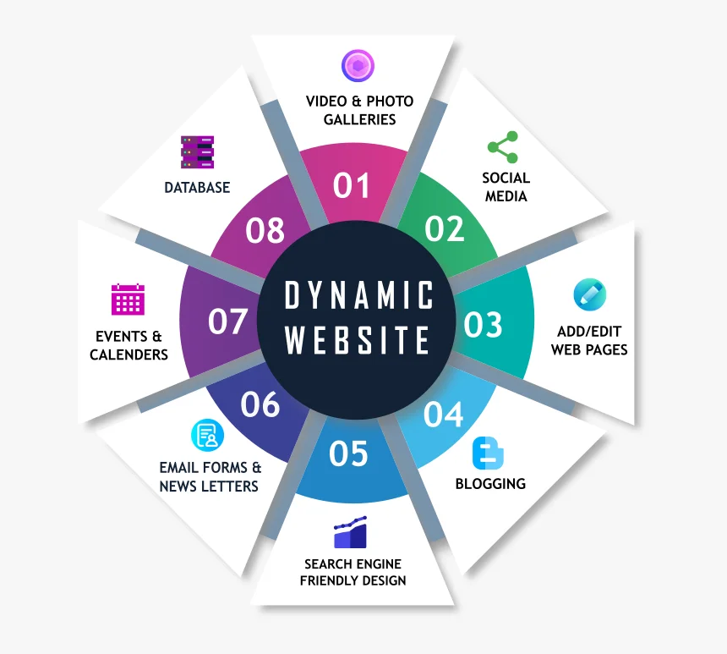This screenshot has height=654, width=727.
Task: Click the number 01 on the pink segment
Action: pyautogui.click(x=351, y=185)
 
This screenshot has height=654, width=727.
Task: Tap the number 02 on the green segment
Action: pyautogui.click(x=444, y=228)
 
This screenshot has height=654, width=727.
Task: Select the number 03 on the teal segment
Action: pyautogui.click(x=483, y=324)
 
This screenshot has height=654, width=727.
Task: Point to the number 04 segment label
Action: pyautogui.click(x=443, y=414)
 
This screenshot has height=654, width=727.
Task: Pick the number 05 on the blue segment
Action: pyautogui.click(x=348, y=453)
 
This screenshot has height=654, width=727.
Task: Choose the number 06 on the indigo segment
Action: pyautogui.click(x=260, y=404)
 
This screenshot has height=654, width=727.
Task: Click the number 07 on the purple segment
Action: pyautogui.click(x=227, y=322)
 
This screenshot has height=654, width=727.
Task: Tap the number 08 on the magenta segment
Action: pyautogui.click(x=265, y=230)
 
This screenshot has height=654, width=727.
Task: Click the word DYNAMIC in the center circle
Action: pyautogui.click(x=358, y=294)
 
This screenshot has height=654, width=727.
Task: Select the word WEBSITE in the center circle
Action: pyautogui.click(x=357, y=340)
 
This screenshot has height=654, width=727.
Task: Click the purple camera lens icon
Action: pyautogui.click(x=358, y=66)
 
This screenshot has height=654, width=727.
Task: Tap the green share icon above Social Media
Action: pyautogui.click(x=503, y=147)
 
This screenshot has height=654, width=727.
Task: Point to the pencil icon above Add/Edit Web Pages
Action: pyautogui.click(x=590, y=294)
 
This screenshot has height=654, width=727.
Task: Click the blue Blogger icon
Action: pyautogui.click(x=488, y=453)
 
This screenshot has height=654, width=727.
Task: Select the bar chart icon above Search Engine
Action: pyautogui.click(x=351, y=532)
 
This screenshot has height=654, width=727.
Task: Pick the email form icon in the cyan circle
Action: pyautogui.click(x=208, y=436)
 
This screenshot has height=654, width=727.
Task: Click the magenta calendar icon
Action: pyautogui.click(x=128, y=300)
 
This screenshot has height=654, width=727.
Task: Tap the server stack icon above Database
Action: pyautogui.click(x=198, y=151)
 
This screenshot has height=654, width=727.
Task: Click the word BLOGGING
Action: pyautogui.click(x=490, y=484)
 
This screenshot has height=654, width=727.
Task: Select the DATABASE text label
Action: pyautogui.click(x=197, y=188)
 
